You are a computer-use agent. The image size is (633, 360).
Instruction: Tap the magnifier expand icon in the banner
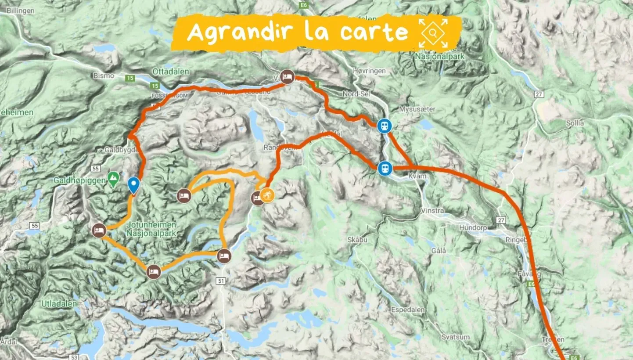click(433, 33)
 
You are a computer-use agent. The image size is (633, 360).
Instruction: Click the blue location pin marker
click(134, 186)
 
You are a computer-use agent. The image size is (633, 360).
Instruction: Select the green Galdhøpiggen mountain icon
click(113, 178)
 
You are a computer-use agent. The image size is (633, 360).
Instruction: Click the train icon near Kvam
click(385, 168)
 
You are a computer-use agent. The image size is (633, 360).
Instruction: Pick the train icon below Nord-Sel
click(385, 126)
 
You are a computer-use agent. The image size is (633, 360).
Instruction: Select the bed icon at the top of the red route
click(287, 77)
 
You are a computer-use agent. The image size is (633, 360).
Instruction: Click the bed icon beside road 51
click(224, 256)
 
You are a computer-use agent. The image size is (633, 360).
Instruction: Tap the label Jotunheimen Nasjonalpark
click(151, 229)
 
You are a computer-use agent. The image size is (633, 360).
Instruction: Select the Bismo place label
click(104, 76)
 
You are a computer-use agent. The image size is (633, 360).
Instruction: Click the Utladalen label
click(59, 303)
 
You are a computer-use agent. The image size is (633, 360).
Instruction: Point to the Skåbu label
click(356, 240)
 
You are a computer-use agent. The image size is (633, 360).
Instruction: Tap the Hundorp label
click(473, 227)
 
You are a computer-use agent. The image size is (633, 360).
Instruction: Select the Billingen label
click(20, 11)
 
